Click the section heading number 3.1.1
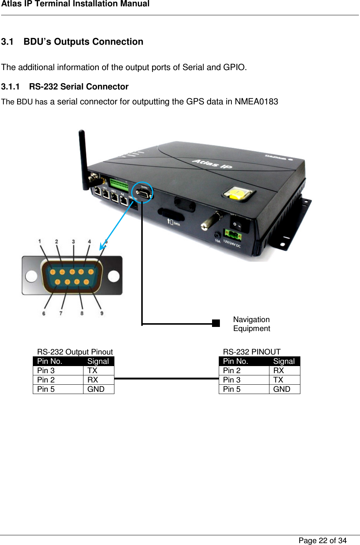coord(10,87)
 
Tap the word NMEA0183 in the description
coord(256,102)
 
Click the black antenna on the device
coord(83,155)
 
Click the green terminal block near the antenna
coord(119,185)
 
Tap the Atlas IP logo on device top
coord(212,163)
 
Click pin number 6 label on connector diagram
coord(44,314)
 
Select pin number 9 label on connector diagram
coord(102,313)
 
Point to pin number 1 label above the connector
coord(40,241)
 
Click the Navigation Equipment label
coord(252,324)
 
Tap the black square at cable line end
coord(216,323)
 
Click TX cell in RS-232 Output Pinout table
coord(92,371)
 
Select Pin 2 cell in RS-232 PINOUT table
coord(232,371)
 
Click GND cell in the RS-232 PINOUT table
coord(282,389)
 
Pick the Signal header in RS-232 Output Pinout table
coord(98,361)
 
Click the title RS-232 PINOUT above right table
coord(252,352)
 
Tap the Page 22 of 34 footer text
coord(322,541)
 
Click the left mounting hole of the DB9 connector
coord(31,276)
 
